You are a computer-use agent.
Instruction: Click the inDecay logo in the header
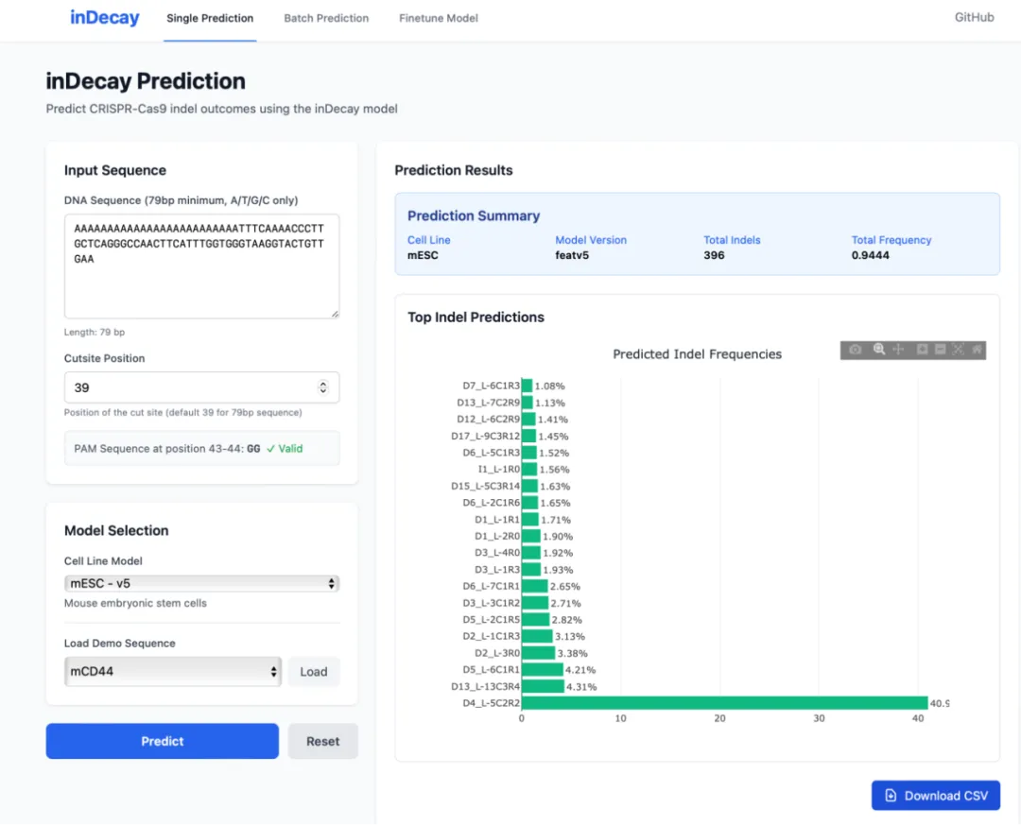104,18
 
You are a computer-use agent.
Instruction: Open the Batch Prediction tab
326,18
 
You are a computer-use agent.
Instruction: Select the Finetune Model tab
439,18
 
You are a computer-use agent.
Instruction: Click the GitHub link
974,18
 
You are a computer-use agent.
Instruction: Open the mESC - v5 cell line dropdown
202,583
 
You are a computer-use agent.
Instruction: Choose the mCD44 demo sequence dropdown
173,671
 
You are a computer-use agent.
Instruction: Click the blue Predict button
163,741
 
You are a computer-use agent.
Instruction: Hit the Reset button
323,741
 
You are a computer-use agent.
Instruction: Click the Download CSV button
936,796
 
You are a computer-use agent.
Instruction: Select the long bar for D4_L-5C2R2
725,703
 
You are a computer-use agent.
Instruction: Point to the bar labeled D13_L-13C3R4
543,686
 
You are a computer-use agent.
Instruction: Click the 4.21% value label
580,670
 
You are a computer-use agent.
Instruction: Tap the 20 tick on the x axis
719,718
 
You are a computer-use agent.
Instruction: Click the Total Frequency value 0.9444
870,255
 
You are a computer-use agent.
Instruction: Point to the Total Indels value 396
714,255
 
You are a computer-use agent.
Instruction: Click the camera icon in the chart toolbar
855,350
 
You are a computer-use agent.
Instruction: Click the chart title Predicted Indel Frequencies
698,354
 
